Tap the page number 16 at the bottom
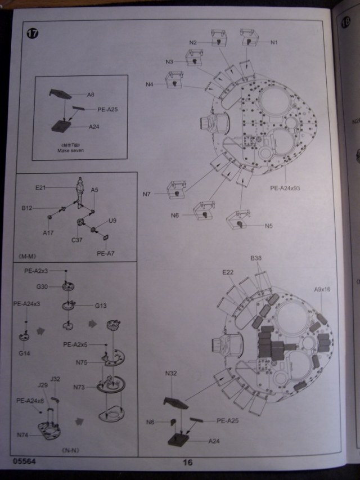187,463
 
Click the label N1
274,43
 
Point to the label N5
268,226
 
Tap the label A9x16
322,289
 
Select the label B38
256,259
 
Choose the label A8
91,95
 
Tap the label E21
40,187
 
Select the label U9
112,222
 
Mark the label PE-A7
105,253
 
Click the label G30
42,287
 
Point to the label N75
80,363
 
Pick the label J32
55,379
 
